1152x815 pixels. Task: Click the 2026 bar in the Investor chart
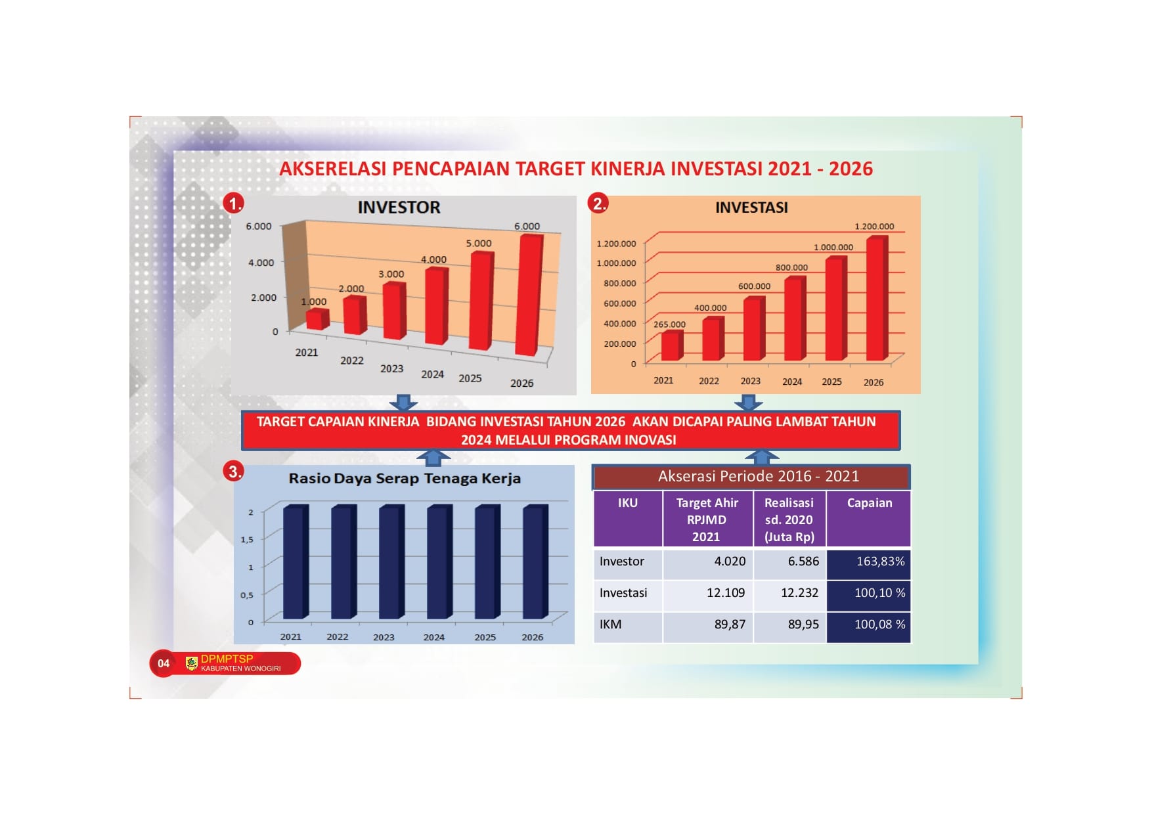pyautogui.click(x=529, y=295)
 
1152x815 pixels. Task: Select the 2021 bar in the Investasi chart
pyautogui.click(x=672, y=345)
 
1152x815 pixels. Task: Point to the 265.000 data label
pyautogui.click(x=669, y=324)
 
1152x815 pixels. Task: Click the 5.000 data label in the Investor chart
pyautogui.click(x=479, y=243)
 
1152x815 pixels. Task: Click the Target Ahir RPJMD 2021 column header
pyautogui.click(x=707, y=519)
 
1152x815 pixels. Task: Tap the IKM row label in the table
pyautogui.click(x=610, y=625)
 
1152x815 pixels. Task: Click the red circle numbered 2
pyautogui.click(x=598, y=203)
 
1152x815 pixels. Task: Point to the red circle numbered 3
pyautogui.click(x=233, y=471)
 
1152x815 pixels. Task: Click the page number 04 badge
pyautogui.click(x=164, y=663)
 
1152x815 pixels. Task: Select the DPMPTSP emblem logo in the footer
pyautogui.click(x=192, y=663)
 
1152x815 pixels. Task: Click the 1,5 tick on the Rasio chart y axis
pyautogui.click(x=247, y=540)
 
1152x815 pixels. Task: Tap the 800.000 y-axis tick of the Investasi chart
pyautogui.click(x=620, y=283)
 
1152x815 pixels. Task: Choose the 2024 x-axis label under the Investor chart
pyautogui.click(x=432, y=374)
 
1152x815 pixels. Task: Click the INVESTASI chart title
pyautogui.click(x=751, y=208)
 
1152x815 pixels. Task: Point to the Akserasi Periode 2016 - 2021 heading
pyautogui.click(x=759, y=476)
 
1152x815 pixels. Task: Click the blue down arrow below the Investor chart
pyautogui.click(x=403, y=402)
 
